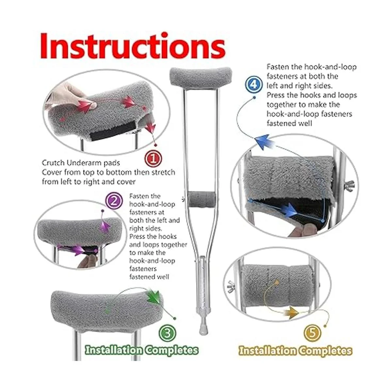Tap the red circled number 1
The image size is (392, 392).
154,158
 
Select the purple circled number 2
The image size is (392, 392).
114,201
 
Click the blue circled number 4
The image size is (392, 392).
253,84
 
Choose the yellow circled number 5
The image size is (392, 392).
313,333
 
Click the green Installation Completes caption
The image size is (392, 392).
141,350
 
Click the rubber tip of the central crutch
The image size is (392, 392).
203,327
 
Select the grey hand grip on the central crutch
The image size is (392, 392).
202,199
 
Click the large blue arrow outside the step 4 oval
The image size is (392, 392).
264,141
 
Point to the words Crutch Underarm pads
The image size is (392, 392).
81,163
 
